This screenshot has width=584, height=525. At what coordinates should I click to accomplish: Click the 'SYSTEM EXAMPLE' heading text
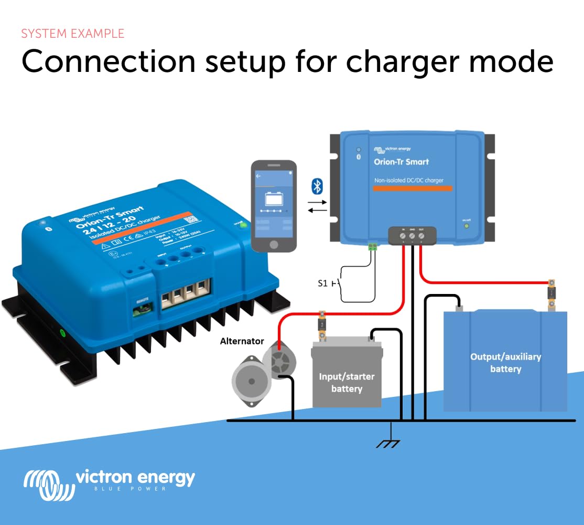[x=73, y=34]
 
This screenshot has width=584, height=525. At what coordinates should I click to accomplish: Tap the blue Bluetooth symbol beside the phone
[x=317, y=186]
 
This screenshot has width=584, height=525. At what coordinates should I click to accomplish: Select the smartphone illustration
[x=274, y=206]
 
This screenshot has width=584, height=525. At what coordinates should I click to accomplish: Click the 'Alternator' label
[x=242, y=341]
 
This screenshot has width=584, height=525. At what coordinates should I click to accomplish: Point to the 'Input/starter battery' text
[x=347, y=383]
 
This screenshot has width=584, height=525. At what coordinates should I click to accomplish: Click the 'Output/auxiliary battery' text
[x=505, y=363]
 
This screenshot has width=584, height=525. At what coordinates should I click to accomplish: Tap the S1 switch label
[x=323, y=283]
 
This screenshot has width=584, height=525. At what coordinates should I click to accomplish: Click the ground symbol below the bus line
[x=388, y=443]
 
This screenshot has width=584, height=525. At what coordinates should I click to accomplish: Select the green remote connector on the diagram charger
[x=373, y=246]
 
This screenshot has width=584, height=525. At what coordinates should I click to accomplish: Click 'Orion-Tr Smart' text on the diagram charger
[x=401, y=162]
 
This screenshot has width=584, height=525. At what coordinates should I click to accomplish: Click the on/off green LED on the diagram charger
[x=466, y=226]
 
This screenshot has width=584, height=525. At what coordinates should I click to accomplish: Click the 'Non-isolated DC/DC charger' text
[x=409, y=180]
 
